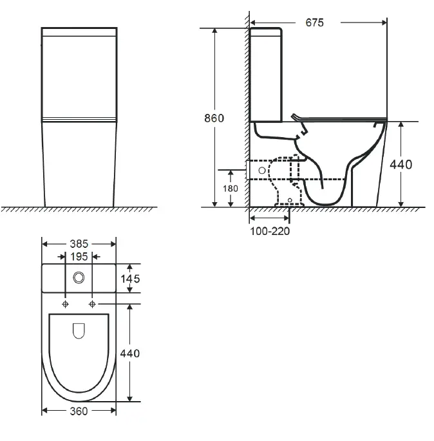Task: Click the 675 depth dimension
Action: point(314,23)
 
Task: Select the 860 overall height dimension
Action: point(214,118)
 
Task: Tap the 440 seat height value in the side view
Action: point(401,164)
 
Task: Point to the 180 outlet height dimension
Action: point(231,189)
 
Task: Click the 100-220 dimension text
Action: point(270,231)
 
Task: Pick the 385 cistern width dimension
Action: point(79,244)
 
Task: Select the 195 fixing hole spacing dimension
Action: point(79,257)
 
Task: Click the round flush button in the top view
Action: point(79,277)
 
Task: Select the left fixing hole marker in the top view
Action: point(66,303)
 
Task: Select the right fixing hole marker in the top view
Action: point(93,303)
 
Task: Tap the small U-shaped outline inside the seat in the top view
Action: point(79,330)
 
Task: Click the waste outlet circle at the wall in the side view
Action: point(261,170)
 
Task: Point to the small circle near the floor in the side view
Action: point(290,201)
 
